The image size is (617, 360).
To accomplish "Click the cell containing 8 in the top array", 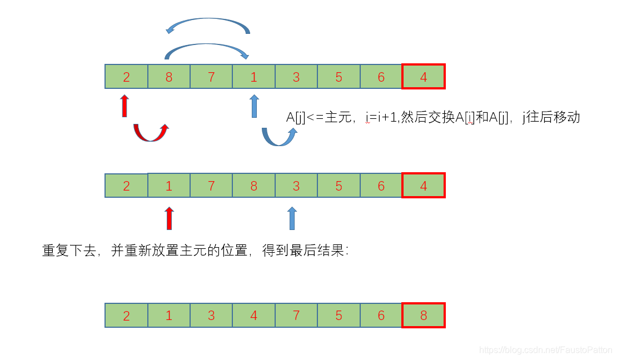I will click(169, 77).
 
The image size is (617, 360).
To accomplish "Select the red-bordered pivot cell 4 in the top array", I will click(424, 77).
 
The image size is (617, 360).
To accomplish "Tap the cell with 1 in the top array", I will click(253, 77).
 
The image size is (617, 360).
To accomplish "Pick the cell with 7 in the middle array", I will click(211, 186).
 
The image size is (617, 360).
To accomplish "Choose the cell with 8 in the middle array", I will click(253, 186).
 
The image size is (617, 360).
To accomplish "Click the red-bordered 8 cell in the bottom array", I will click(424, 316).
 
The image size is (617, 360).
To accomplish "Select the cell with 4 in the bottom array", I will click(253, 316).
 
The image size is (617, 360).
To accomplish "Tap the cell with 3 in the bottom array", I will click(211, 316).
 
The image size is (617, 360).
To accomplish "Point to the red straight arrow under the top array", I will click(125, 106).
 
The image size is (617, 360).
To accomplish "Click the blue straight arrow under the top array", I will click(255, 106).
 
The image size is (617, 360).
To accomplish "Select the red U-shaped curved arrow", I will click(151, 133).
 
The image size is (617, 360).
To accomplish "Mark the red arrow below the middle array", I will click(170, 218).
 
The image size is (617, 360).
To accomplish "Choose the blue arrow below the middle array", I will click(292, 218).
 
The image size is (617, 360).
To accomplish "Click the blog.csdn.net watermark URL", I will click(545, 351).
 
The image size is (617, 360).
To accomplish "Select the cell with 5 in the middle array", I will click(339, 186).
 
